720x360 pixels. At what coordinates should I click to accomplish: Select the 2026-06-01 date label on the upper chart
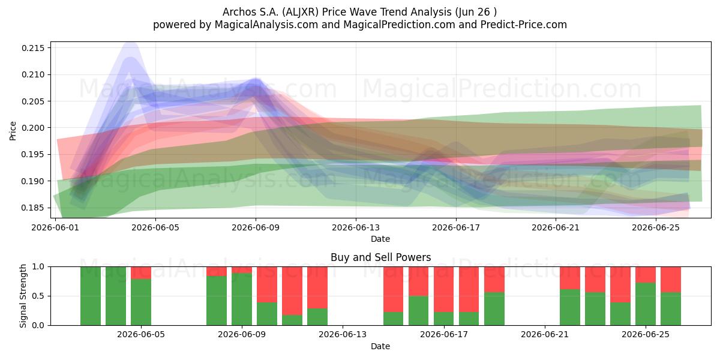coord(55,227)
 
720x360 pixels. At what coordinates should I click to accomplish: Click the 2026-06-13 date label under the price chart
coord(356,227)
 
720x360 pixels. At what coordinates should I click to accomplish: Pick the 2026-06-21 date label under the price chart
coord(556,227)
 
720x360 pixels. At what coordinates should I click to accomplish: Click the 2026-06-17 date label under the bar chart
coord(444,335)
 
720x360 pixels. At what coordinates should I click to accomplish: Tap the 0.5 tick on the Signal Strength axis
coord(38,296)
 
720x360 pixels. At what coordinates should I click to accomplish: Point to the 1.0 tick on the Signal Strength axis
coord(38,267)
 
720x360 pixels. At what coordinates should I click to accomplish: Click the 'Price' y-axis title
coord(13,131)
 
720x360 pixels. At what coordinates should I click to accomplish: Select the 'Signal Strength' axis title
coord(23,296)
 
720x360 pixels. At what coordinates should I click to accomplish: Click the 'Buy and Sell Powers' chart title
coord(380,257)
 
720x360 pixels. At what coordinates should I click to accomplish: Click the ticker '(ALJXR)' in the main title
coord(301,12)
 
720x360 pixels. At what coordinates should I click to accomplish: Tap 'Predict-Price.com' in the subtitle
coord(524,25)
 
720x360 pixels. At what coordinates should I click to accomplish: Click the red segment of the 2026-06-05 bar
coord(141,273)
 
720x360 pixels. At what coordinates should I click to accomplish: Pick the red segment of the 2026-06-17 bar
coord(443,289)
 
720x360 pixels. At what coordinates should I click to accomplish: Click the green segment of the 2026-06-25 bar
coord(646,304)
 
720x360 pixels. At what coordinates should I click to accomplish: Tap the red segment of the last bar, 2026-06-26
coord(671,280)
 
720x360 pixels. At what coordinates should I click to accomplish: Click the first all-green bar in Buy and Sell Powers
coord(91,296)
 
